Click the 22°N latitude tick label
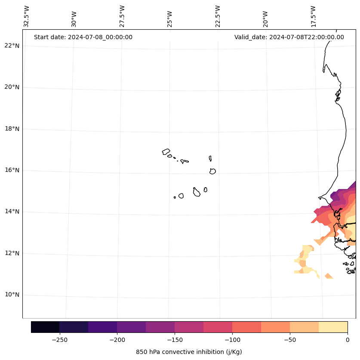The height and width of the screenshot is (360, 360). [12, 46]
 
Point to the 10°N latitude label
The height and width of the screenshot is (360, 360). [12, 295]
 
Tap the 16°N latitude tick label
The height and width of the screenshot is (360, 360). [12, 170]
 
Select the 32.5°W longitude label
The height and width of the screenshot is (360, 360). [27, 17]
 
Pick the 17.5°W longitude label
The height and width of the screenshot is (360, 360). [313, 17]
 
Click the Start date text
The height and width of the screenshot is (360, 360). [83, 37]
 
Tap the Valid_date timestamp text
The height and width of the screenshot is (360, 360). [289, 37]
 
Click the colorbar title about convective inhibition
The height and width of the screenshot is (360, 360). [189, 352]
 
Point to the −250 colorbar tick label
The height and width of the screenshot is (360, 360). [59, 340]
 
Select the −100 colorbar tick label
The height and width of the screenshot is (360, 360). [232, 340]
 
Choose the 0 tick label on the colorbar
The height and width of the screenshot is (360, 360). [347, 340]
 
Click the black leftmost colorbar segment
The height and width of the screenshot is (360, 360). [45, 327]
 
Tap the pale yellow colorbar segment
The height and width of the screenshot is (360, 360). [333, 327]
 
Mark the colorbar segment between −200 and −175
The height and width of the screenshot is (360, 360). [131, 327]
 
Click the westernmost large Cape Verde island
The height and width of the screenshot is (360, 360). [166, 152]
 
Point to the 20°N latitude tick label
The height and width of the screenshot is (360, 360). [12, 87]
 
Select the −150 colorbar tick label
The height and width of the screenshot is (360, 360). [175, 340]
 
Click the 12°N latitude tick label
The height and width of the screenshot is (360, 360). [12, 253]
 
